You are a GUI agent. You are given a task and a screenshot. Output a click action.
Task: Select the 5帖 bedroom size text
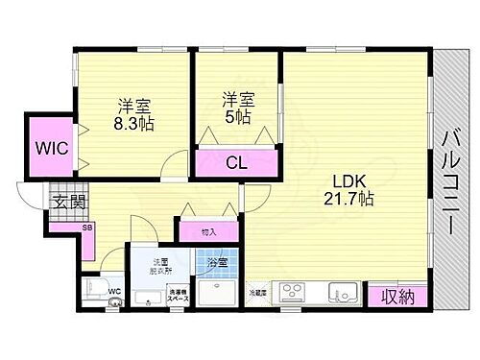[x=238, y=117]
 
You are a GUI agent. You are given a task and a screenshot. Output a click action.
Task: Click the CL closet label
[x=234, y=162]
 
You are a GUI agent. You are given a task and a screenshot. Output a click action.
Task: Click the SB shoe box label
[x=60, y=228]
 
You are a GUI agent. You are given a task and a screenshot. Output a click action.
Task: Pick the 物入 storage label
[x=208, y=231]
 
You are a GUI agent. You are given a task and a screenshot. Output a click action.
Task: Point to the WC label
[x=112, y=291]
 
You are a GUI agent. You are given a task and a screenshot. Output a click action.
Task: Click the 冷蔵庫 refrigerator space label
[x=257, y=291]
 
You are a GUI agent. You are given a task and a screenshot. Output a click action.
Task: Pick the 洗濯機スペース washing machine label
[x=178, y=298]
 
